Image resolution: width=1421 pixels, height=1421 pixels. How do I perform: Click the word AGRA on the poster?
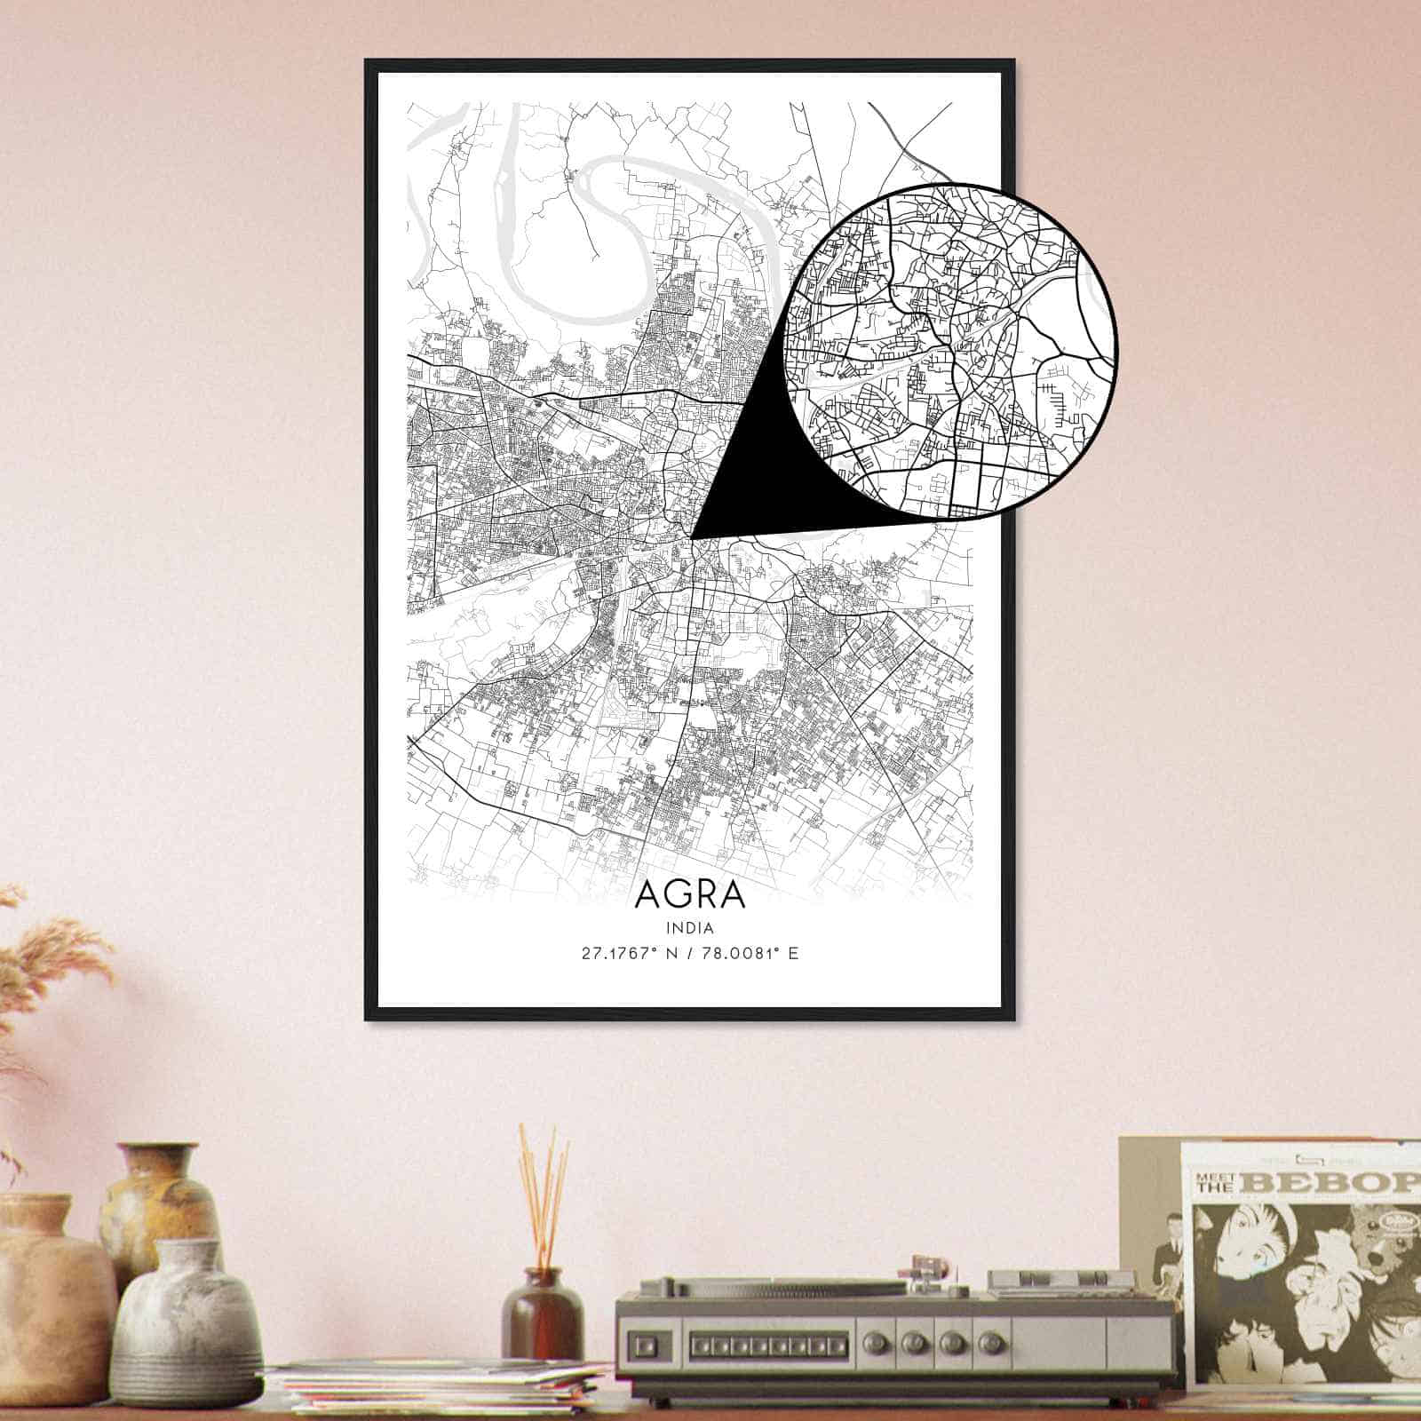click(690, 894)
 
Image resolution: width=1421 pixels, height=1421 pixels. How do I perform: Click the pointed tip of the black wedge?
click(693, 537)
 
